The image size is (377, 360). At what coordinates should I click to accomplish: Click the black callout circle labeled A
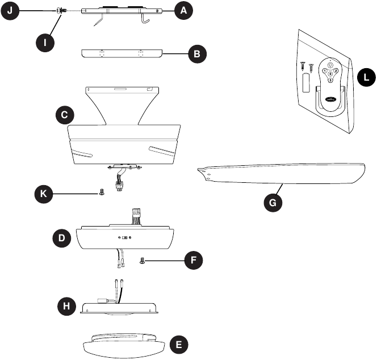182,11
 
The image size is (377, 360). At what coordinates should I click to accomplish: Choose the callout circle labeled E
179,344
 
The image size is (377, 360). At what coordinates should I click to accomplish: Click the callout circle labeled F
194,261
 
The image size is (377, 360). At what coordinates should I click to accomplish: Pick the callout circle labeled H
67,307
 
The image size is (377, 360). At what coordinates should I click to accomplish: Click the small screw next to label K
100,192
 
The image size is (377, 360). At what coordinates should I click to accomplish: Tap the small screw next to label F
143,261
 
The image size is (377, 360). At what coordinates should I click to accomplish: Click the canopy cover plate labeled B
122,53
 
